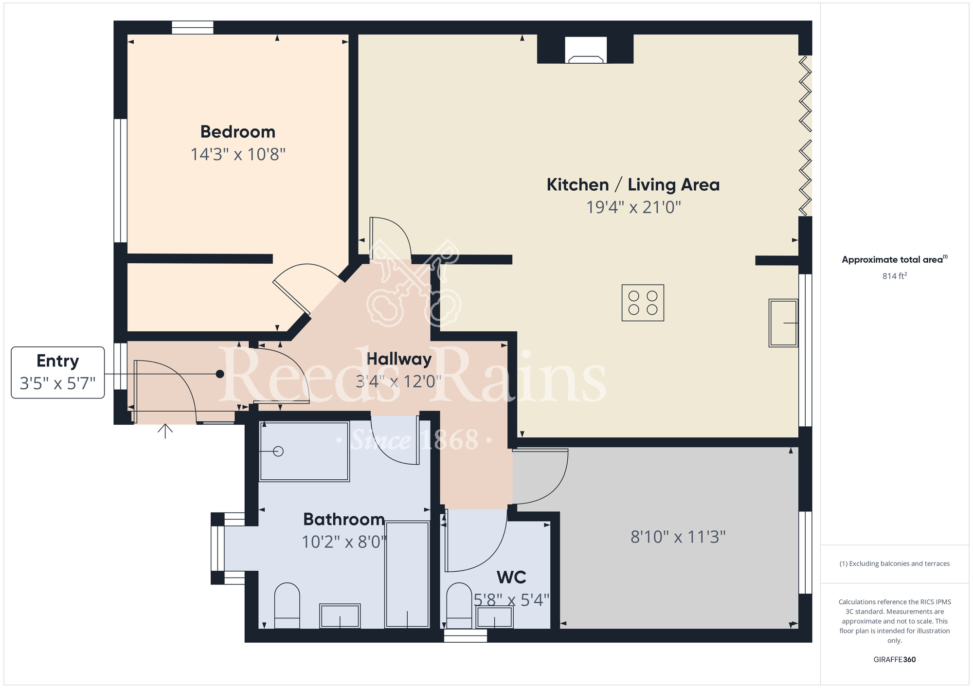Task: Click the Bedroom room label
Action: [x=238, y=132]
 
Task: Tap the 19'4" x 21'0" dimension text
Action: [x=633, y=207]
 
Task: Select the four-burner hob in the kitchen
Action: [x=643, y=303]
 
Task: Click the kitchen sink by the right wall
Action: [x=783, y=323]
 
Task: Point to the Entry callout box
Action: [x=58, y=373]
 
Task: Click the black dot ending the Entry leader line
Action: [x=220, y=374]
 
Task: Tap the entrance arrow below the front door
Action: [x=165, y=431]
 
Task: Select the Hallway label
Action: [x=399, y=359]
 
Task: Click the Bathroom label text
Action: [x=344, y=519]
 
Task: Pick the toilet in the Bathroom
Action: [x=287, y=606]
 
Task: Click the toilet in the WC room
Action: [x=459, y=606]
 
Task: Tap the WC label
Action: [x=511, y=578]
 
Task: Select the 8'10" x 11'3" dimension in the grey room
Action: [x=678, y=537]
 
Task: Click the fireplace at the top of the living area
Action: [x=586, y=50]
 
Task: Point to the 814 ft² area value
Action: [x=895, y=276]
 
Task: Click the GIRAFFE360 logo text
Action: [x=895, y=660]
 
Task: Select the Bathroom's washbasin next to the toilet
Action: [x=340, y=616]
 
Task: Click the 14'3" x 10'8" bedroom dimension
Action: [x=238, y=155]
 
